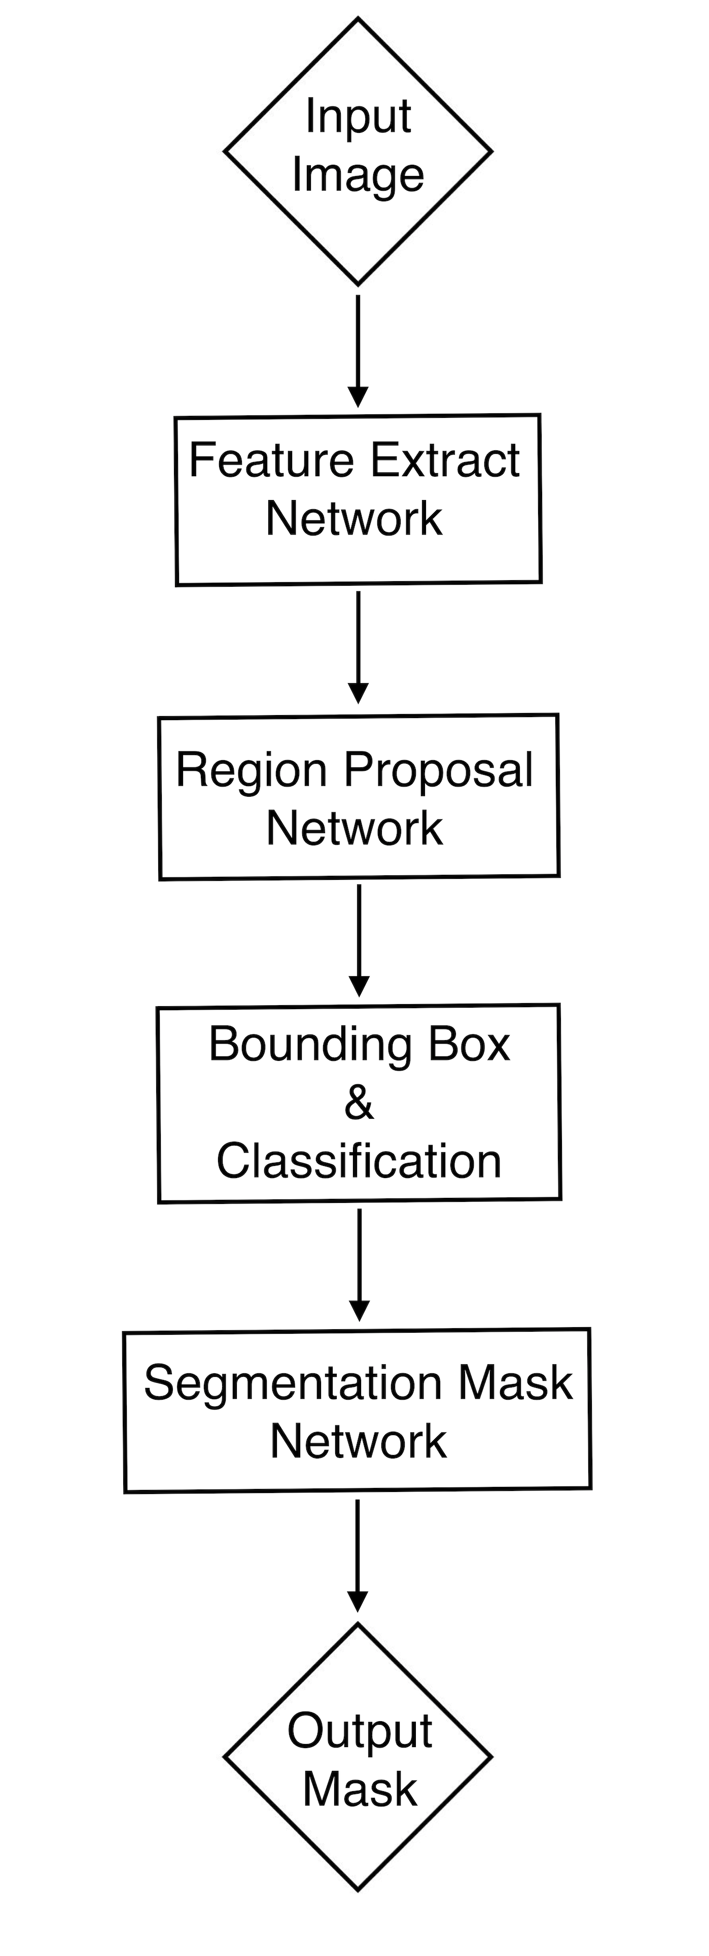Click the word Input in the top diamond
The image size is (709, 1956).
[x=358, y=118]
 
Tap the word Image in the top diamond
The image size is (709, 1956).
[x=358, y=176]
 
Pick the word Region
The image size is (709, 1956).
[x=251, y=769]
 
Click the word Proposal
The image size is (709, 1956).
[x=439, y=769]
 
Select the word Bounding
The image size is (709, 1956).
[x=310, y=1045]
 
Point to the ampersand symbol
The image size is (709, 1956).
[x=358, y=1104]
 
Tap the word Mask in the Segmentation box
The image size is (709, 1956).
[x=515, y=1382]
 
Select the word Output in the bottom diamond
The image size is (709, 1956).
[x=359, y=1731]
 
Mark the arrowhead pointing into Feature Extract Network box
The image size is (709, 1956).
[x=358, y=397]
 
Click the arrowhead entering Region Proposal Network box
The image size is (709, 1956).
[x=358, y=693]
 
